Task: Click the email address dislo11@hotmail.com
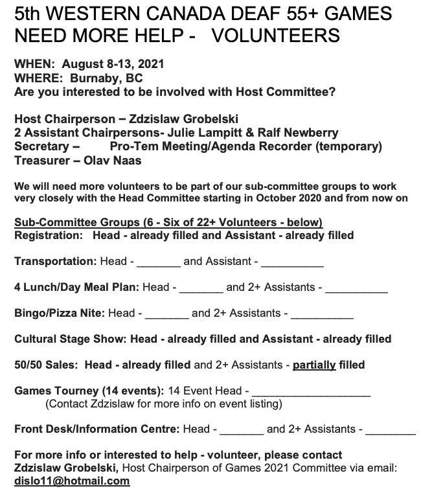(71, 481)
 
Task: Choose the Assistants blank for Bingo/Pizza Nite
(322, 314)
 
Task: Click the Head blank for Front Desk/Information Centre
(241, 430)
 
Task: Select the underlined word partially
(314, 365)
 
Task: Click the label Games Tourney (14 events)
(89, 391)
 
